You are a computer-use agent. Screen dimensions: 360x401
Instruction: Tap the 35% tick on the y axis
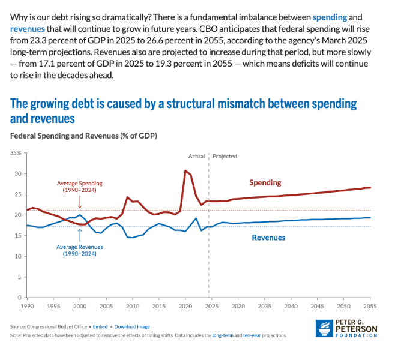point(16,153)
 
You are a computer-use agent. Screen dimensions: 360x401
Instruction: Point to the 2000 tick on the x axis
point(79,306)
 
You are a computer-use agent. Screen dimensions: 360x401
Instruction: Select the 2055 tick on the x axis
point(370,306)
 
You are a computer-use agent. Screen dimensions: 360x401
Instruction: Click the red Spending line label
point(265,182)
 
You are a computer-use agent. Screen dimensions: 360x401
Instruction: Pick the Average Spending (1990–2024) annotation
point(80,186)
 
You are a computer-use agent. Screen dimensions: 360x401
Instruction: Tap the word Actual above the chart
point(196,156)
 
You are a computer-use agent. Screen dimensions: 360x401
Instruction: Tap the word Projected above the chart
point(225,156)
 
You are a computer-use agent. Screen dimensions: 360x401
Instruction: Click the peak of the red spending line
point(185,171)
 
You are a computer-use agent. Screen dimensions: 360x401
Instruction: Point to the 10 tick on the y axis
point(18,256)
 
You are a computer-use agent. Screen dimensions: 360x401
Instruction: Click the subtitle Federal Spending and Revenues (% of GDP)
point(83,136)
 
